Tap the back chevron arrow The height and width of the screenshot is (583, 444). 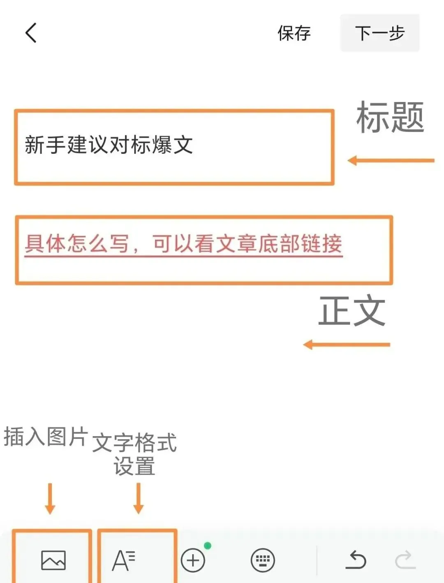coord(31,33)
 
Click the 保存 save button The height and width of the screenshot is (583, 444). coord(294,33)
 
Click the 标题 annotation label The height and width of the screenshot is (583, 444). coord(390,118)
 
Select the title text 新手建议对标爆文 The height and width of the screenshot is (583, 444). coord(109,145)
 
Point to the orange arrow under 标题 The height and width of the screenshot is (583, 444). coord(391,160)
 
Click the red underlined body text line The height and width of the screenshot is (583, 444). coord(183,244)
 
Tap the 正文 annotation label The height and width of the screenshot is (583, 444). coord(352,311)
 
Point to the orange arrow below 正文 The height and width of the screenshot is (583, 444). coord(346,345)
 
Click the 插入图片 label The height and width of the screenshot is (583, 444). coord(46,437)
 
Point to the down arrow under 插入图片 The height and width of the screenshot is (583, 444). coord(50,498)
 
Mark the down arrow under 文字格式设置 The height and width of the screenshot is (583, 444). coord(139,498)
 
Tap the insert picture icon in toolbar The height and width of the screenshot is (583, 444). coord(53,560)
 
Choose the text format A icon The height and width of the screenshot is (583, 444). coord(123,560)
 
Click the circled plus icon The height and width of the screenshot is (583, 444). coord(193,560)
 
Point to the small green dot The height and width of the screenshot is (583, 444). coord(208,546)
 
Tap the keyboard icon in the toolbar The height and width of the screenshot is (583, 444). coord(263,560)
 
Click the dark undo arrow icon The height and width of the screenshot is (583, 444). coord(356,560)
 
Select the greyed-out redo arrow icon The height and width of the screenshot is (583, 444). coord(405,560)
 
